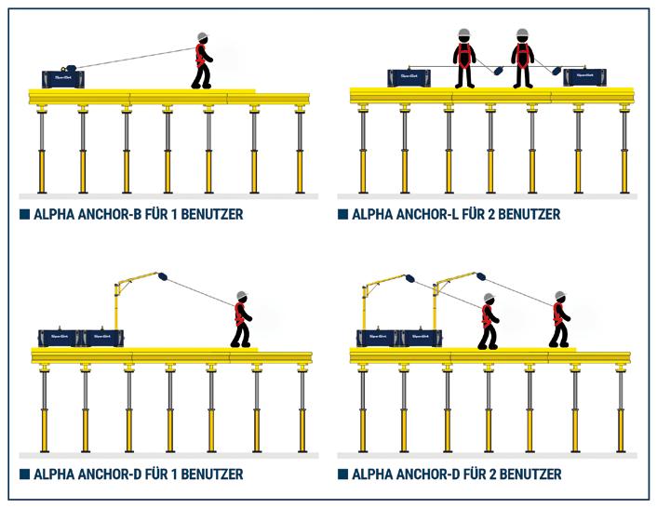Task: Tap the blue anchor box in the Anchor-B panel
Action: click(63, 78)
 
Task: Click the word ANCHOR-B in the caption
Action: click(120, 214)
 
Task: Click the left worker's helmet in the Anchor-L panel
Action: click(463, 33)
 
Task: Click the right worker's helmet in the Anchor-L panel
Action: click(522, 33)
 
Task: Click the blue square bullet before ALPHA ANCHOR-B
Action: click(24, 214)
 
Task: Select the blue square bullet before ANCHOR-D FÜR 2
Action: click(342, 475)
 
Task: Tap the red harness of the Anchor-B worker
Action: click(200, 57)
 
